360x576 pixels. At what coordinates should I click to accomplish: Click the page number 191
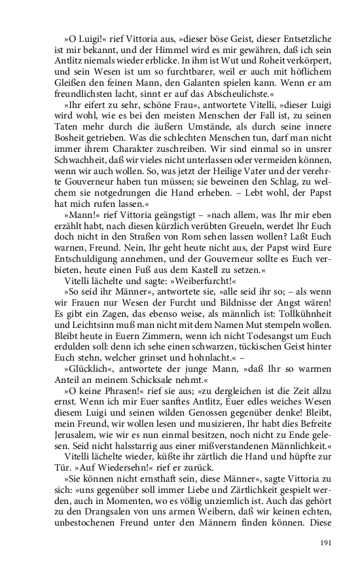[325, 543]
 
